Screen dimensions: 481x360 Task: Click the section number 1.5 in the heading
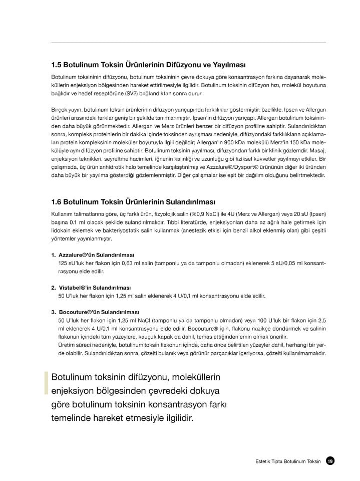pos(57,65)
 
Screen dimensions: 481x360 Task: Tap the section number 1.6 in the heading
pos(57,202)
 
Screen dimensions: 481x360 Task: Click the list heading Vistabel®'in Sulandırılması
pos(94,288)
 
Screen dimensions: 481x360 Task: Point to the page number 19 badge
pos(330,461)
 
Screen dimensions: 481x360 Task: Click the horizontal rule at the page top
pos(188,42)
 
